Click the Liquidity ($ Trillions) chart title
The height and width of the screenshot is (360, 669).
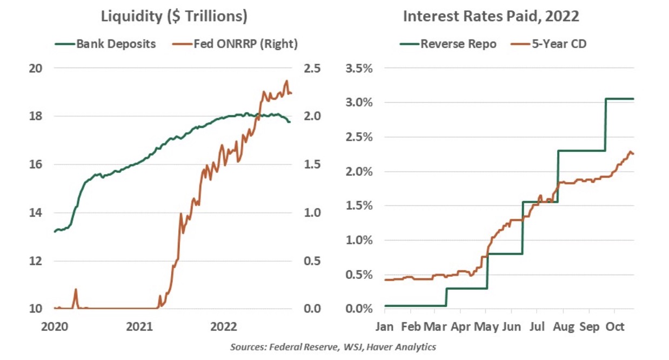pos(174,16)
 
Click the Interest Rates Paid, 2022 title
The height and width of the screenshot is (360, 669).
pos(491,16)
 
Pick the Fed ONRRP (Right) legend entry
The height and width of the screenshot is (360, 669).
pos(237,44)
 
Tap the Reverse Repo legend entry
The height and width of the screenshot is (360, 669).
pos(449,44)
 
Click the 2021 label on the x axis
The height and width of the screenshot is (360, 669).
pos(138,327)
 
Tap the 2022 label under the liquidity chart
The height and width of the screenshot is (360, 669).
pos(223,327)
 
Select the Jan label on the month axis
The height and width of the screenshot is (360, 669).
pos(385,327)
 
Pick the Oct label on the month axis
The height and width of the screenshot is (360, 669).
pos(614,327)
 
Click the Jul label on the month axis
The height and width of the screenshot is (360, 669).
pos(537,327)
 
